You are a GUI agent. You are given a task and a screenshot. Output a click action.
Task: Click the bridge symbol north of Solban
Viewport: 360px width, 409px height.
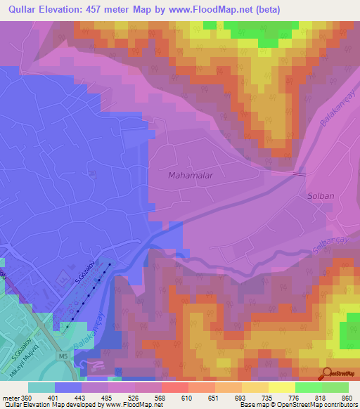(x=300, y=173)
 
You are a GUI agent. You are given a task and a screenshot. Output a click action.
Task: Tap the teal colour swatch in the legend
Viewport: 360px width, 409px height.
(x=41, y=387)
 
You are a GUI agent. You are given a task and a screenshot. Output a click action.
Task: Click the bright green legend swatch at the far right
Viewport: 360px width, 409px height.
(x=335, y=387)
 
